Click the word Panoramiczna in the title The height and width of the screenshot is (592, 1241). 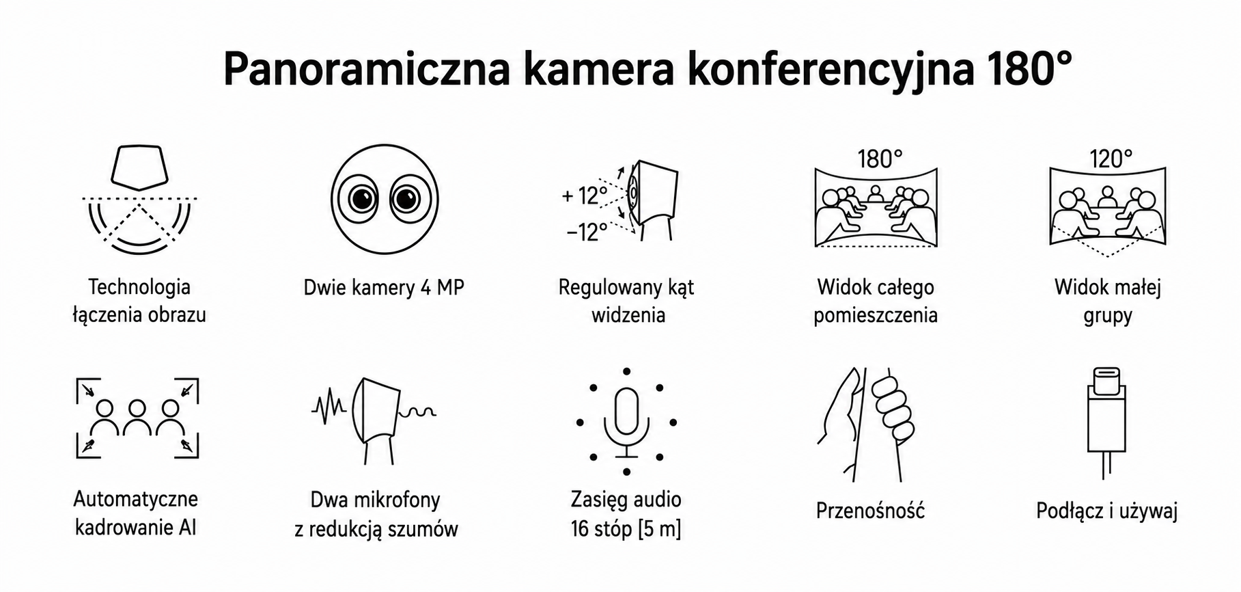(367, 70)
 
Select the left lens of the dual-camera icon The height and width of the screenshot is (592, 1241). (362, 199)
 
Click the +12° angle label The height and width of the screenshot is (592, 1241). (585, 196)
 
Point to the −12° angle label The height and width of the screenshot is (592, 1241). (587, 232)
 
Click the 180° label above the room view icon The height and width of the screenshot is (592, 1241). (880, 159)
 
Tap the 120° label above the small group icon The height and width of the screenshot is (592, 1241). (1111, 159)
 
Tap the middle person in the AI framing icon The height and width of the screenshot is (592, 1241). (137, 418)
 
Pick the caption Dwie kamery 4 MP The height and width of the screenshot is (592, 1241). (384, 288)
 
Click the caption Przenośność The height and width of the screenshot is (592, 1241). (870, 510)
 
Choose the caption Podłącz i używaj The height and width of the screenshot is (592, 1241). (1106, 511)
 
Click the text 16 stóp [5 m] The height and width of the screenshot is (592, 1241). (626, 529)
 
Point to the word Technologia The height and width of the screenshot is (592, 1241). (139, 287)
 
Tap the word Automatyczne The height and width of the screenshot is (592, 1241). (136, 499)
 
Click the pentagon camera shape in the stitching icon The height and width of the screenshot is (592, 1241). (140, 167)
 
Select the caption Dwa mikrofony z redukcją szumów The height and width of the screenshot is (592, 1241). (376, 515)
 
